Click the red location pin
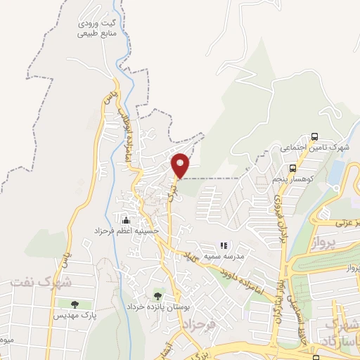point(181,165)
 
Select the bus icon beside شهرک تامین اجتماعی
point(314,137)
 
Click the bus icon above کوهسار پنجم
point(292,168)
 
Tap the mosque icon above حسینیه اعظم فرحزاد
point(126,219)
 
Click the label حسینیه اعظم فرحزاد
point(127,230)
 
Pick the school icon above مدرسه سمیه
point(223,245)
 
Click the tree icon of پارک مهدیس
point(75,304)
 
